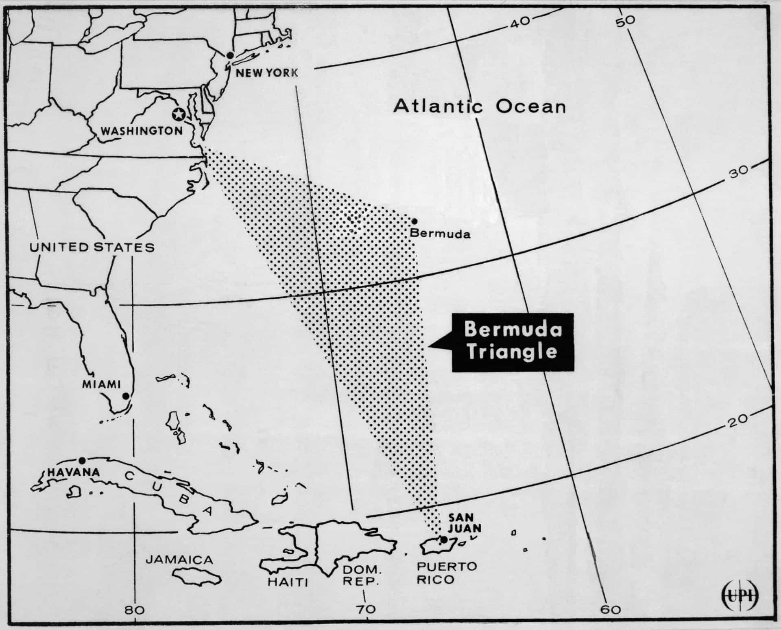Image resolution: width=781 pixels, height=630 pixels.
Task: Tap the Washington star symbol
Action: click(178, 115)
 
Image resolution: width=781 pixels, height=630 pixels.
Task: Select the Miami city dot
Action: click(126, 396)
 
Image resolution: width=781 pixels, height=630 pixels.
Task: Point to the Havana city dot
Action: click(82, 460)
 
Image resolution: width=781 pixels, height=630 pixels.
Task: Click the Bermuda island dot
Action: click(414, 221)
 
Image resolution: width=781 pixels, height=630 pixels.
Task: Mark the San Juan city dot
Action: click(444, 540)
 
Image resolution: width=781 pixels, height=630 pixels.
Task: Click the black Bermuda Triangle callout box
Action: click(513, 342)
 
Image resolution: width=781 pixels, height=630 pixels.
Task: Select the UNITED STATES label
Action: click(92, 247)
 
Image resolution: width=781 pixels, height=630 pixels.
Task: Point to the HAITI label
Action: click(288, 582)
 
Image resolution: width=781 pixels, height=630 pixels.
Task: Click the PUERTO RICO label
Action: click(447, 573)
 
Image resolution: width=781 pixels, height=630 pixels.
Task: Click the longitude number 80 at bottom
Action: click(135, 610)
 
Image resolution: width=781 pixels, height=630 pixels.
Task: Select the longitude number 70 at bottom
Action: click(366, 610)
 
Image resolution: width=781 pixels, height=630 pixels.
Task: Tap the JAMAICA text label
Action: click(179, 560)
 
